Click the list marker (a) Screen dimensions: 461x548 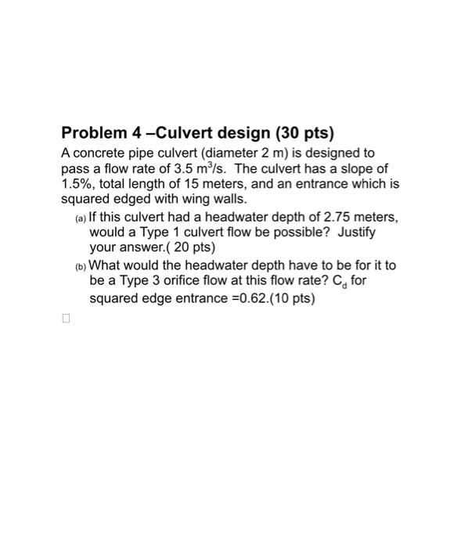tap(81, 218)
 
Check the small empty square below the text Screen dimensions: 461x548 tap(66, 319)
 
